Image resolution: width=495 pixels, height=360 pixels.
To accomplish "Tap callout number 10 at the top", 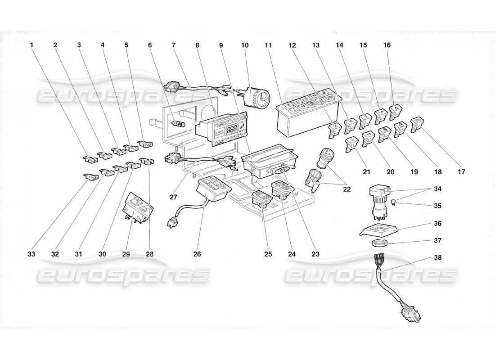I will (x=245, y=45).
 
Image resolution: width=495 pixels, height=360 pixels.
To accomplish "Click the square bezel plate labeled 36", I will (x=378, y=229).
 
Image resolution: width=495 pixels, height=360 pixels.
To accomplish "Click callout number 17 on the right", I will (x=461, y=172).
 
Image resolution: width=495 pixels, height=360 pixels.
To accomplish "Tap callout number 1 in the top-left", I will (x=32, y=45).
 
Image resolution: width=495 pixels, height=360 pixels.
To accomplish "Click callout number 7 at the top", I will (x=174, y=45).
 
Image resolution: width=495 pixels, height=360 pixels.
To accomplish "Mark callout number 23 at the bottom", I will (x=315, y=254).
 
